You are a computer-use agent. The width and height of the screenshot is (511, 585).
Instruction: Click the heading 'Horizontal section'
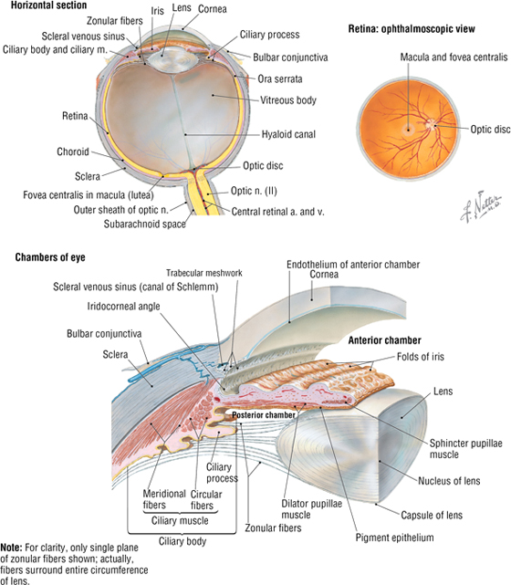pos(49,5)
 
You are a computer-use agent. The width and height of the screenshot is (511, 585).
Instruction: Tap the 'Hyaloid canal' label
pos(288,134)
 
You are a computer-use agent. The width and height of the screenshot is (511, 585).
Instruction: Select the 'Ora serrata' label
pos(280,79)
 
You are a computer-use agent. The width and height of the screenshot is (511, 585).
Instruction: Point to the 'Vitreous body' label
pos(288,100)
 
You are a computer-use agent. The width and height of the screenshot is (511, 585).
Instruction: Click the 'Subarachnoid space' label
pos(145,224)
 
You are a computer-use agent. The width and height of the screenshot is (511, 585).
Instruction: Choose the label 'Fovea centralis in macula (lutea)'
pos(89,195)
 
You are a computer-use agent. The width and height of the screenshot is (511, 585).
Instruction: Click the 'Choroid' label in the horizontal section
pos(73,151)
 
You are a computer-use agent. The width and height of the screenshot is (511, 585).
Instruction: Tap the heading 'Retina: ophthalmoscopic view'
pos(412,29)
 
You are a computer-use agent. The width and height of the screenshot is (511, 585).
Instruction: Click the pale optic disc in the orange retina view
pos(431,124)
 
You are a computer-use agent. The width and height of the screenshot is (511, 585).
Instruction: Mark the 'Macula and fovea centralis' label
pos(454,57)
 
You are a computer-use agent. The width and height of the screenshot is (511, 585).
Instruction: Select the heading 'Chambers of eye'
pos(50,257)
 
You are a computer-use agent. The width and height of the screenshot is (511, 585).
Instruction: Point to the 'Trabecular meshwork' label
pos(204,273)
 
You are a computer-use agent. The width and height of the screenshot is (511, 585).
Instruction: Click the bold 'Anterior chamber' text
pos(384,340)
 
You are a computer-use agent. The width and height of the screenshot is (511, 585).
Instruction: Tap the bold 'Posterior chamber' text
pos(264,415)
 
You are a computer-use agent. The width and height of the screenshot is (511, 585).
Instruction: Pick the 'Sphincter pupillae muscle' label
pos(466,449)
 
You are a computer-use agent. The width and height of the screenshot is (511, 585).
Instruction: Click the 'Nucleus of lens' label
pos(449,481)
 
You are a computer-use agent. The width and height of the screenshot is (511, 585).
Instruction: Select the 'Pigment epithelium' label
pos(394,538)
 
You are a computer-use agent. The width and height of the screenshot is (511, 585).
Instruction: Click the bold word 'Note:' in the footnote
pos(11,548)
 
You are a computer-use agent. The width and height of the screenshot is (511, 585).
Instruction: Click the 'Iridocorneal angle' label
pos(123,307)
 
